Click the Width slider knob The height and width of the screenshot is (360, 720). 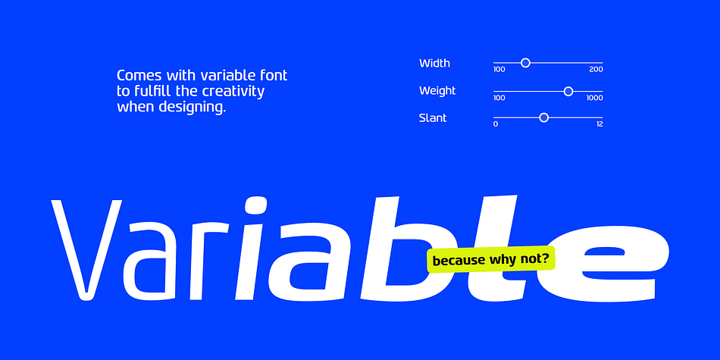526,63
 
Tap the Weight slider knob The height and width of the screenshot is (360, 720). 568,92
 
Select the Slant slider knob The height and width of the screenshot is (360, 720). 543,118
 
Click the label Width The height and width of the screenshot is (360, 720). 434,64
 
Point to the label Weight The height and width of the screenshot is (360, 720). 437,91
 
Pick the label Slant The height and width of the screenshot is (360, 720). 433,118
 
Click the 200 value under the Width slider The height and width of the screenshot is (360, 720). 596,70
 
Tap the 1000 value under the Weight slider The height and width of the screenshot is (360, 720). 595,98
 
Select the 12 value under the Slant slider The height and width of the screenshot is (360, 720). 599,124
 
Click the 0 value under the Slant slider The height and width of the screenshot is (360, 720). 496,124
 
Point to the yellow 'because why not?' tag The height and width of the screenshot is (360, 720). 491,259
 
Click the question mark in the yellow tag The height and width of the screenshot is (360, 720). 545,258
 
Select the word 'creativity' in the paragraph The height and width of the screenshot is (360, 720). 233,92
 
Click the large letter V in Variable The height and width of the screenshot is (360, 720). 86,250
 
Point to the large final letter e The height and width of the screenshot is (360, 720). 616,263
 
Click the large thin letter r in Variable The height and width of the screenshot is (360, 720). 209,261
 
